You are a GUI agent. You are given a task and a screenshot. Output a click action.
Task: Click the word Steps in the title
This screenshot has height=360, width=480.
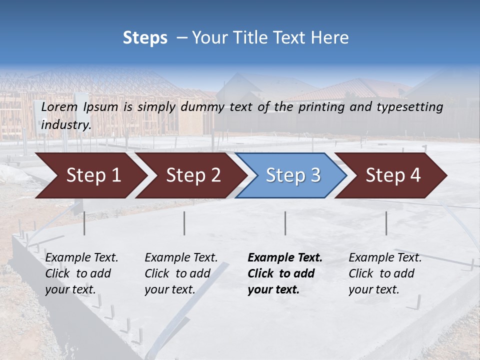tap(145, 38)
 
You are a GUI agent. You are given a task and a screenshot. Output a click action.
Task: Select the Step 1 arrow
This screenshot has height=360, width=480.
tap(90, 175)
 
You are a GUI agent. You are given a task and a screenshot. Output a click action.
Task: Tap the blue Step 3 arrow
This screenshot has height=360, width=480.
tap(291, 175)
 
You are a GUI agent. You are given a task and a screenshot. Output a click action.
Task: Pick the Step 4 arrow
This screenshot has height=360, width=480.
tap(391, 175)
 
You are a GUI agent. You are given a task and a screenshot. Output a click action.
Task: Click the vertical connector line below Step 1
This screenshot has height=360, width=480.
tap(84, 223)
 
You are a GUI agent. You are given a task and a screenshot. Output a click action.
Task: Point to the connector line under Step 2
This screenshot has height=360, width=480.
tap(184, 223)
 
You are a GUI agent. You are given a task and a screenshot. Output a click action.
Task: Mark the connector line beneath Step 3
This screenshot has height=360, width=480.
tap(285, 223)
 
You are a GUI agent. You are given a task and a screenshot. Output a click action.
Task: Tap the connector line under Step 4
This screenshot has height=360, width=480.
tap(386, 223)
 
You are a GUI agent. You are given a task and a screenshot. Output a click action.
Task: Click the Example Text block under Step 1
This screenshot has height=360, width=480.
tap(81, 273)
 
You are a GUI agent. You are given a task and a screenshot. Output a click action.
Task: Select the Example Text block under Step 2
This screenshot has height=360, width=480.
tap(181, 273)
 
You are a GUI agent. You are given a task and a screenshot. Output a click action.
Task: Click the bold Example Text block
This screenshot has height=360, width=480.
tap(284, 273)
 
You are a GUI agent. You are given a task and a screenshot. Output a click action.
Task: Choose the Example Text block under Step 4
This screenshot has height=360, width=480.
tap(385, 273)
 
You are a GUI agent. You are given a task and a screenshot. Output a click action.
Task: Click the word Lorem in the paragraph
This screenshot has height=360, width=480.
tap(59, 107)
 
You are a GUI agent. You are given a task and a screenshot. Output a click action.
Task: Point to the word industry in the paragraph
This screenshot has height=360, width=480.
tap(66, 125)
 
